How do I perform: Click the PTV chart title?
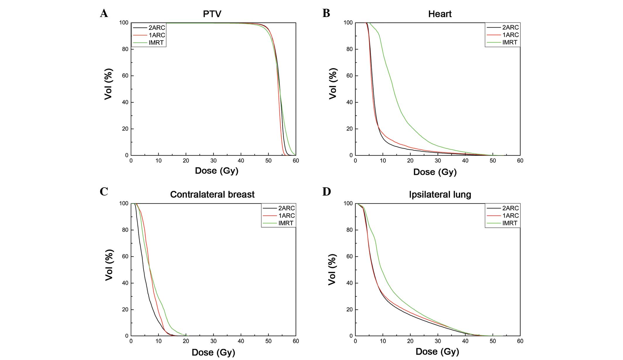pos(212,14)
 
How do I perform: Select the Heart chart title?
pos(440,14)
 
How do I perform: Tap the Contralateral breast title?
pos(212,194)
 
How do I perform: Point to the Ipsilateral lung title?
pos(440,194)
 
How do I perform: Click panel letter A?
pos(104,13)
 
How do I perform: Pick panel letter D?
pos(326,191)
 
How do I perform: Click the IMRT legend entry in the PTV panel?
pos(156,43)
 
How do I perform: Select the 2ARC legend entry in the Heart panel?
pos(510,27)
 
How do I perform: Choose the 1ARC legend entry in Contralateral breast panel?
pos(286,215)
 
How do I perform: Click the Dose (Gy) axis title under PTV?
pos(217,171)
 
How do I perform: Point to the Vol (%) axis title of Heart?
pos(333,84)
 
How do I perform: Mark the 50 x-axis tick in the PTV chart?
pos(268,161)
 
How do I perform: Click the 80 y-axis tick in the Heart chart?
pos(349,49)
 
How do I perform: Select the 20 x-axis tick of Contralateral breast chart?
pos(186,341)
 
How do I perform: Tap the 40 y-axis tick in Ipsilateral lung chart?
pos(349,283)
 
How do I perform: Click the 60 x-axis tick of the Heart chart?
pos(520,161)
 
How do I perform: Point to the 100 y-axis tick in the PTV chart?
pos(123,23)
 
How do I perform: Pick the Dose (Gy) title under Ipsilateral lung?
pos(437,352)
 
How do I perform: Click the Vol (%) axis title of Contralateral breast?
pos(109,265)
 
